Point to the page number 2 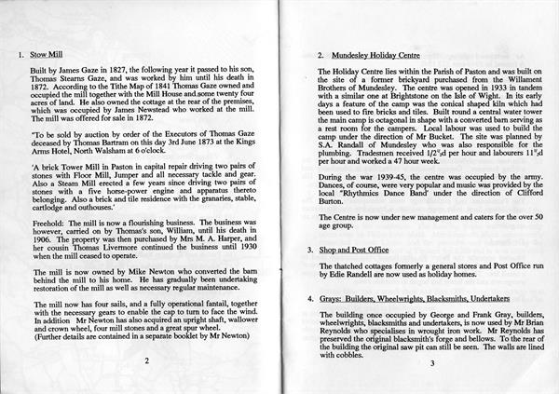pos(146,362)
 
